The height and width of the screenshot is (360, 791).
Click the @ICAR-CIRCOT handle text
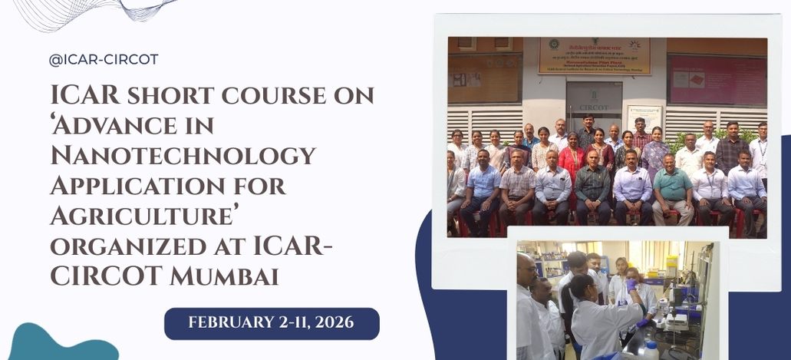point(103,60)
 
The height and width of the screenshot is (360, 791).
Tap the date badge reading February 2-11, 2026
point(272,322)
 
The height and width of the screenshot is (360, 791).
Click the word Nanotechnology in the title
point(183,156)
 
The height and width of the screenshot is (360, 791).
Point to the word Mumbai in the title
point(225,276)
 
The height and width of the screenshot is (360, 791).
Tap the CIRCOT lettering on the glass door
point(594,107)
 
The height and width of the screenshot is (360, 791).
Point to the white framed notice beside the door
point(644,118)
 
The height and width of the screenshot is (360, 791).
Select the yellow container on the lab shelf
point(671,266)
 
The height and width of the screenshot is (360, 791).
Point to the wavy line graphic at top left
point(92,12)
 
